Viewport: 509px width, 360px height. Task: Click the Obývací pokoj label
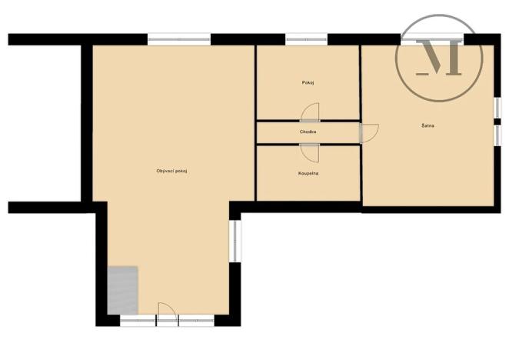pos(171,170)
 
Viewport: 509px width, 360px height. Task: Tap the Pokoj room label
pos(308,82)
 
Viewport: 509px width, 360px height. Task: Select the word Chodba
pos(308,132)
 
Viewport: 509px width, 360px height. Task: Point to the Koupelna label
pos(308,174)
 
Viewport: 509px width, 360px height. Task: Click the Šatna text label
pos(427,125)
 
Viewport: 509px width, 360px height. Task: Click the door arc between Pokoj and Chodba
pos(309,113)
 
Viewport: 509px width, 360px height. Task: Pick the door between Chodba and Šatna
pos(370,132)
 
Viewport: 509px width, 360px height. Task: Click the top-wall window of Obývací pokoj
pos(179,37)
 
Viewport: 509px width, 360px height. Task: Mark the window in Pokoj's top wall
pos(306,37)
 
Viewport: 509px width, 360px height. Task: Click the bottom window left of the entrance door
pos(139,318)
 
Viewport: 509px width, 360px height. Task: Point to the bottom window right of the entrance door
pos(196,318)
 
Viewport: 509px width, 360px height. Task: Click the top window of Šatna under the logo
pos(431,37)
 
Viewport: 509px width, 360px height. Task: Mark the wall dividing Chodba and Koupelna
pos(308,144)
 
